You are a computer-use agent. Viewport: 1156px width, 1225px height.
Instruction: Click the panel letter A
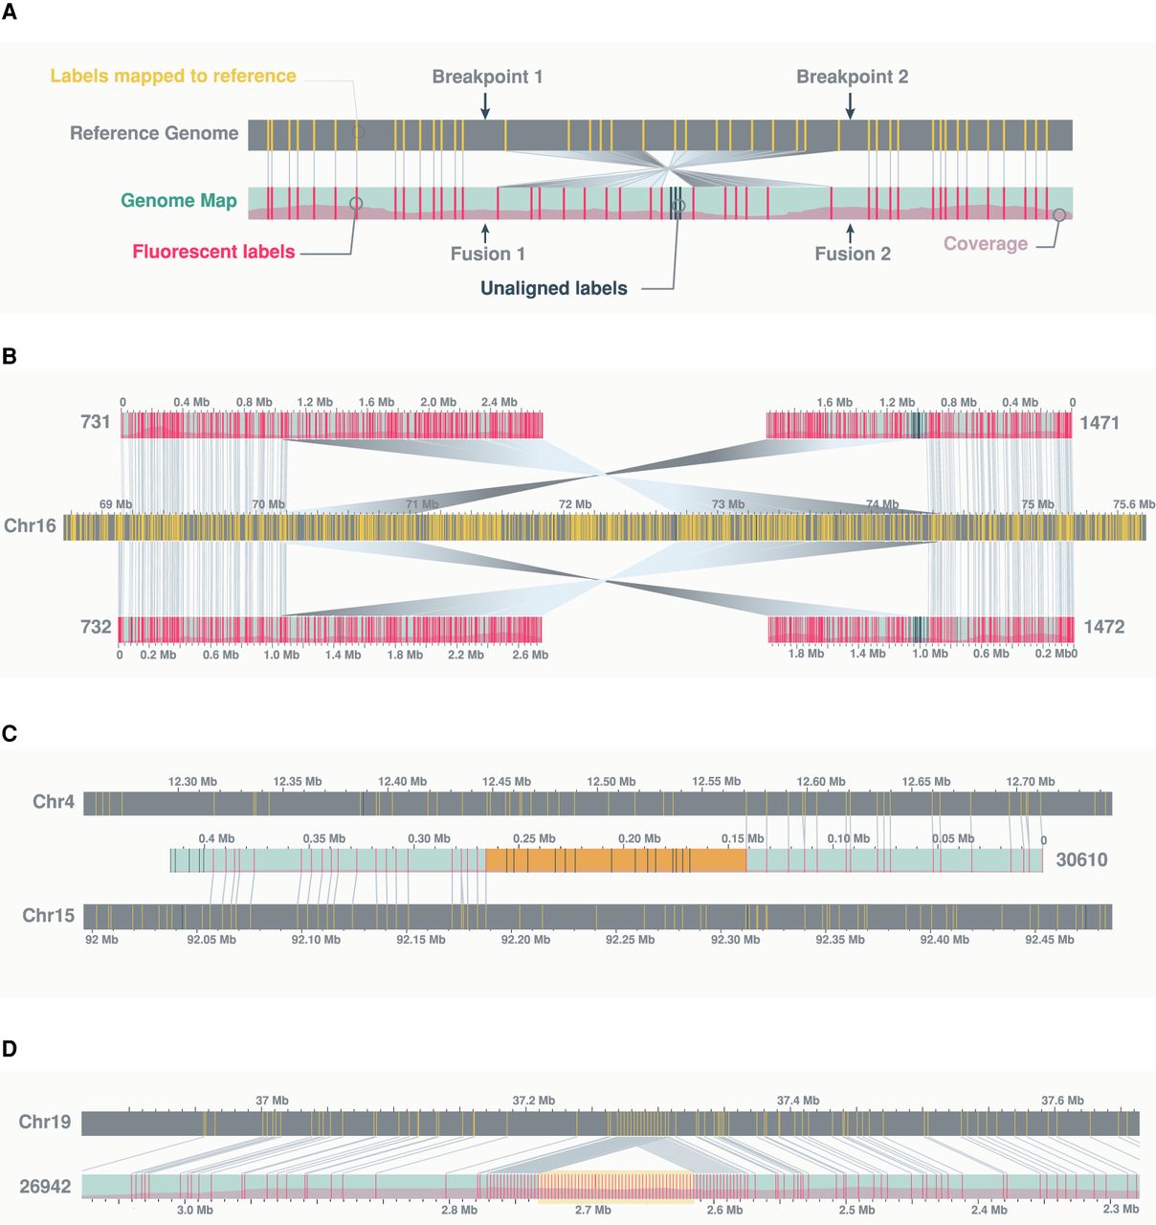pos(9,17)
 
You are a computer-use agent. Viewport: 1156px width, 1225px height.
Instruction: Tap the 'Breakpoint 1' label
pos(487,77)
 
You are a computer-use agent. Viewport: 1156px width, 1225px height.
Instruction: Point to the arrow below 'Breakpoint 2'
pos(850,105)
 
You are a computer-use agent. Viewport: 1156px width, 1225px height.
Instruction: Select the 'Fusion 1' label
pos(488,254)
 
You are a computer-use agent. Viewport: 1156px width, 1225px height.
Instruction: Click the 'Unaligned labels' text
pos(554,288)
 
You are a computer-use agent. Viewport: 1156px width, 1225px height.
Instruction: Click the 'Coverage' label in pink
pos(986,243)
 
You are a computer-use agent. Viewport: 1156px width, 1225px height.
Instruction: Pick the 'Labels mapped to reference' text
pos(173,76)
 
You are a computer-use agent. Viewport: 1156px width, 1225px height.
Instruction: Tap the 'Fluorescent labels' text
pos(213,252)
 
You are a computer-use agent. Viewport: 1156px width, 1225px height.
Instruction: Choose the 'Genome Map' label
pos(179,201)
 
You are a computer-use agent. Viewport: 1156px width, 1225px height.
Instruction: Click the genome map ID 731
pos(96,422)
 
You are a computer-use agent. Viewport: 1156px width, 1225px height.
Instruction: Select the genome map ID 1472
pos(1103,627)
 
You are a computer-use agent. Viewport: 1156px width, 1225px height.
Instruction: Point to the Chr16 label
pos(30,525)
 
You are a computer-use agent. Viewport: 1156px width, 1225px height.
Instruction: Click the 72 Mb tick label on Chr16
pos(575,504)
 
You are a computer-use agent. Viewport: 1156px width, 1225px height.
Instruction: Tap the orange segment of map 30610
pos(615,860)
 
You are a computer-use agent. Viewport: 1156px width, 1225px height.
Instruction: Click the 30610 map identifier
pos(1081,859)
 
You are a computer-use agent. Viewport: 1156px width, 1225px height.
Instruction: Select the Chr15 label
pos(48,916)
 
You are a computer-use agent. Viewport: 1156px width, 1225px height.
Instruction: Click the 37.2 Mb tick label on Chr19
pos(533,1101)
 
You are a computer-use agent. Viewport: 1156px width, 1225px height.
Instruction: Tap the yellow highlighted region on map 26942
pos(615,1187)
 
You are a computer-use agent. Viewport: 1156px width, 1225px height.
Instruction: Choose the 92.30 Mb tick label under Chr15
pos(735,940)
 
